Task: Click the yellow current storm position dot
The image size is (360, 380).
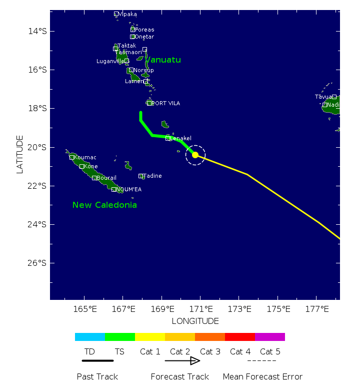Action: [195, 155]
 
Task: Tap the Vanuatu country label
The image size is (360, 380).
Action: [163, 60]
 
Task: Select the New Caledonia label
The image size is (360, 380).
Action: [104, 205]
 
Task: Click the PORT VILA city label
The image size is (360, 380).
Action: [165, 103]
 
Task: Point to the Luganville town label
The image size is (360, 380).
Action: [110, 61]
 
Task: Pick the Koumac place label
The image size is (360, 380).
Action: [85, 157]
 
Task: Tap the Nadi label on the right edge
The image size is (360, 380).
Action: [333, 105]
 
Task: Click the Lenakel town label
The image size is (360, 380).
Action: [181, 138]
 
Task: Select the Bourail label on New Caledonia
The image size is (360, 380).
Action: [106, 178]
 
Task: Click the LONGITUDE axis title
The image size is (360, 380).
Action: [195, 321]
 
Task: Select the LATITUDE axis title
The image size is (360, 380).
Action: [20, 154]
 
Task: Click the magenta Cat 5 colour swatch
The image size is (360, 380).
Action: [270, 337]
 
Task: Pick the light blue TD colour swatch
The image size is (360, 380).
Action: [90, 337]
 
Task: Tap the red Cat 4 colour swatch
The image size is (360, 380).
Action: [240, 337]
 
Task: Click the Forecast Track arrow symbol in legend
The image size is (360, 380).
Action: [182, 360]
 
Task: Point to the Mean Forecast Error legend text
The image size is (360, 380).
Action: [262, 376]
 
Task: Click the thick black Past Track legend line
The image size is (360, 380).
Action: [97, 360]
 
